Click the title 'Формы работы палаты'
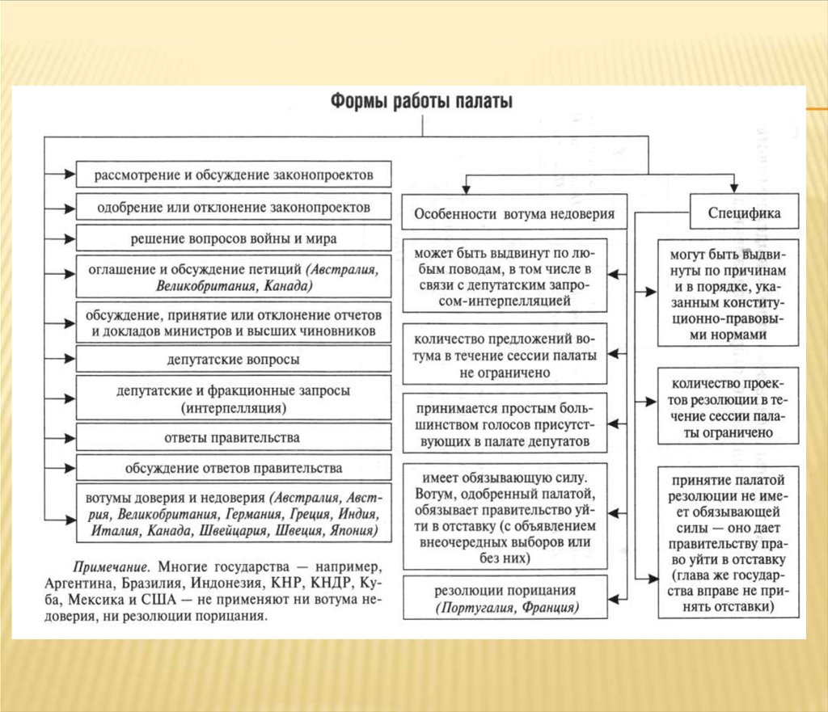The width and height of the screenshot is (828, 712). coord(420,102)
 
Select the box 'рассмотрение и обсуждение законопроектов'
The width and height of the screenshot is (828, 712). coord(234,175)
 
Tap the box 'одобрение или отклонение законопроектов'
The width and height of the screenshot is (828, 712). coord(234,207)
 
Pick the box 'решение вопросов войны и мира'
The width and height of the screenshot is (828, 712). coord(234,239)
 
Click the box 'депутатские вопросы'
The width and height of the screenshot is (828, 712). coord(234,359)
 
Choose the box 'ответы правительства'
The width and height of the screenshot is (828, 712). coord(234,437)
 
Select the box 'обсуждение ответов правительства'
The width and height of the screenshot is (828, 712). coord(234,468)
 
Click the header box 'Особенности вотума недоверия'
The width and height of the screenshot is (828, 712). coord(514,214)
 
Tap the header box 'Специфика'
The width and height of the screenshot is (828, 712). coord(744,214)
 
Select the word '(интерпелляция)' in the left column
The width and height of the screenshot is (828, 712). coord(234,408)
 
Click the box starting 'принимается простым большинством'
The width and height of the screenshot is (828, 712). coord(505,422)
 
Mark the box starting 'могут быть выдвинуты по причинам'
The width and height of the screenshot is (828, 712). coord(728,293)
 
